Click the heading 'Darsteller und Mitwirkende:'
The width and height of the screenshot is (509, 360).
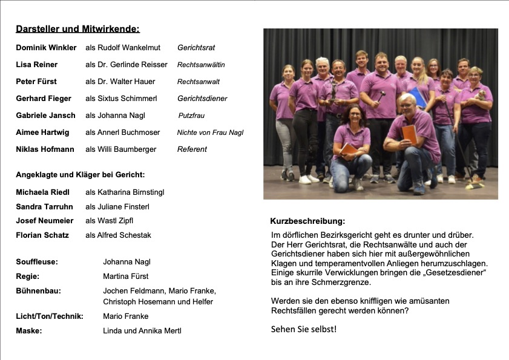[x=77, y=28]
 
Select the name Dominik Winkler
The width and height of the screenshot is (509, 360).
[x=46, y=47]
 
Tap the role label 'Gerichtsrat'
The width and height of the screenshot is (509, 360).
[x=196, y=47]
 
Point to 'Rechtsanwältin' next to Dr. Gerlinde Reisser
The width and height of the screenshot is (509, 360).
[x=201, y=65]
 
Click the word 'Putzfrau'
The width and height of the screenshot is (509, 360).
[x=192, y=116]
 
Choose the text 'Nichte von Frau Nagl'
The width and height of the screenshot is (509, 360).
[x=210, y=133]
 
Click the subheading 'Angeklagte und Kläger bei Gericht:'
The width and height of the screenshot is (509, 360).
[x=80, y=175]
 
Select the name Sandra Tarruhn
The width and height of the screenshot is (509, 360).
[x=44, y=207]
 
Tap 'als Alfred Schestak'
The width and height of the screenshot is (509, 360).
[x=118, y=235]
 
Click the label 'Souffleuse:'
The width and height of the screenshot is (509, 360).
[x=37, y=262]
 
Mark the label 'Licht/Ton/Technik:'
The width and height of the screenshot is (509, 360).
[x=50, y=316]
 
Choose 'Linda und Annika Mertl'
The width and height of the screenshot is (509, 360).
[x=142, y=330]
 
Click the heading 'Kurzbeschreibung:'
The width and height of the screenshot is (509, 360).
[x=307, y=221]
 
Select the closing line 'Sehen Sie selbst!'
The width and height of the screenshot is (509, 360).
[x=303, y=329]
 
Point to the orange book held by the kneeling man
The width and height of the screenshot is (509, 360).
[x=409, y=134]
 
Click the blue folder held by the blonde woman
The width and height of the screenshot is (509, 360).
[x=417, y=97]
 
